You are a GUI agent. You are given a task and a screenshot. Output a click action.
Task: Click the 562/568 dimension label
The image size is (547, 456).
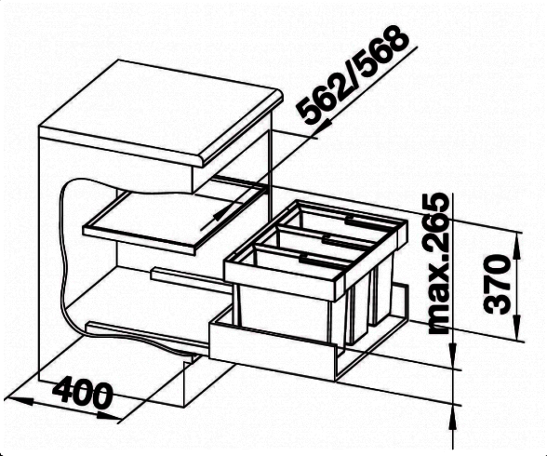(354, 75)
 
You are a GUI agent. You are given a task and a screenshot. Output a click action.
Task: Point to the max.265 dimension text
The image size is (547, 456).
(438, 263)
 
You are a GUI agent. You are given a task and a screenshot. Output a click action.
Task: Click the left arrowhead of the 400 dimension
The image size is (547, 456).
(20, 400)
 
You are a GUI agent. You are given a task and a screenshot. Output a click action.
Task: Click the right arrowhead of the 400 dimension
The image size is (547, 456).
(109, 416)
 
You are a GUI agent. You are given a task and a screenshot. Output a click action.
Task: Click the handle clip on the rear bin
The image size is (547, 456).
(354, 220)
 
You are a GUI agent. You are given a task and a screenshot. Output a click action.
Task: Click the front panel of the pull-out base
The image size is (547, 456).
(272, 351)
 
